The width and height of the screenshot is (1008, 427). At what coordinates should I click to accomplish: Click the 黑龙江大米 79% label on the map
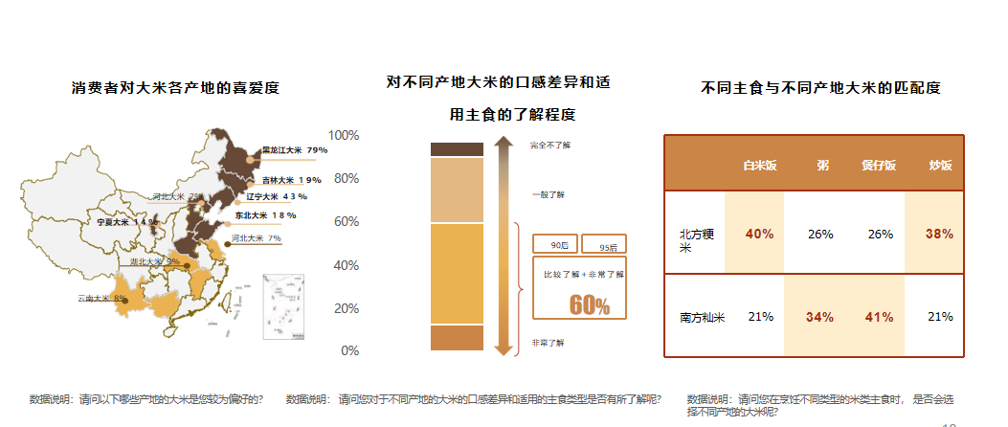point(295,150)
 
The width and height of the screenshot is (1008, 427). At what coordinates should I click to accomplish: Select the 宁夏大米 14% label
point(127,221)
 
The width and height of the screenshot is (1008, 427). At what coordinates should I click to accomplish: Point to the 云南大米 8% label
point(101,299)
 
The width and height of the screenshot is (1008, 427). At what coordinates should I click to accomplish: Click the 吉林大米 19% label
point(292,180)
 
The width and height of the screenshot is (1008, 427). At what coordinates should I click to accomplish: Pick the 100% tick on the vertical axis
point(344,135)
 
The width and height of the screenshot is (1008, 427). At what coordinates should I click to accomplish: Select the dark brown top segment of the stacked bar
point(457,148)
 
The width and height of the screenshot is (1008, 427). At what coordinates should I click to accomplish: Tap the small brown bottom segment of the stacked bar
point(457,338)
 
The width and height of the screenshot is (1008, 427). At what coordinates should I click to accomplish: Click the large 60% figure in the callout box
point(589,304)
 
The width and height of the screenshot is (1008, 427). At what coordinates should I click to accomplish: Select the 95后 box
point(604,245)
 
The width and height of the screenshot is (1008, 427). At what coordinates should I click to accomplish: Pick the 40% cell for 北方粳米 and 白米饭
point(759,234)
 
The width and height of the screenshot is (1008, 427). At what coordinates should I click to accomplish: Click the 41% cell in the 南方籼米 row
point(879,317)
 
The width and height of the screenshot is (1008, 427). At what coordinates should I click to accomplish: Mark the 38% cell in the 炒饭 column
point(940,234)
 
